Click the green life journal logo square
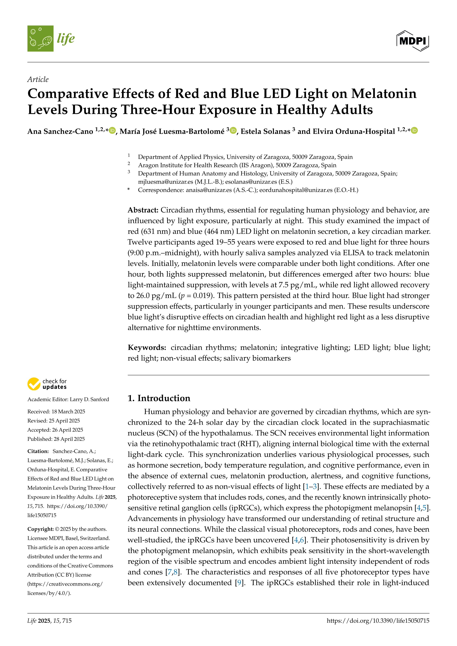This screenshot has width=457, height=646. (40, 38)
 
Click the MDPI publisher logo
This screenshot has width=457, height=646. (413, 41)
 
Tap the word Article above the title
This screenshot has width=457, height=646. (38, 79)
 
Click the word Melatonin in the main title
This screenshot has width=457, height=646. (384, 94)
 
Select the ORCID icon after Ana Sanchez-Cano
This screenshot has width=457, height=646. (112, 131)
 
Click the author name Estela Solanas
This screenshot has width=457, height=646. (265, 131)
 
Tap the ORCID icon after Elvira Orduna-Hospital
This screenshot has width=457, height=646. (414, 131)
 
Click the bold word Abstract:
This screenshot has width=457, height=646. (143, 210)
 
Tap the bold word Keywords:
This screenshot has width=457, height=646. (147, 347)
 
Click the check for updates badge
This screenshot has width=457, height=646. (47, 384)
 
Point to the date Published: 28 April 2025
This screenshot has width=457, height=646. (56, 439)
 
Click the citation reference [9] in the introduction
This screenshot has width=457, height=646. (239, 583)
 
